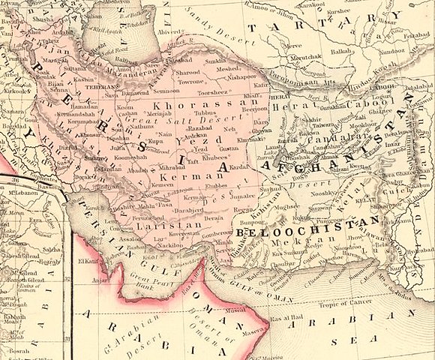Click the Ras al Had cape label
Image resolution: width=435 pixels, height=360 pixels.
pos(284,298)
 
